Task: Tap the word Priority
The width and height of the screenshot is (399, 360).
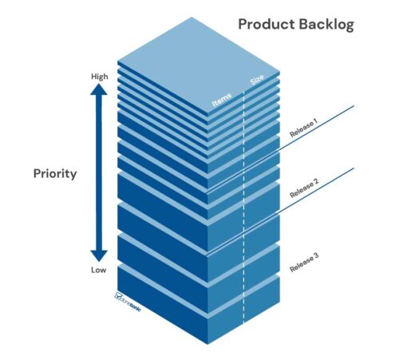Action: coord(55,172)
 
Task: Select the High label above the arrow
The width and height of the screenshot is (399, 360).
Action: coord(99,77)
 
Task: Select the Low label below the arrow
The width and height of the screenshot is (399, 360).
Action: coord(98,270)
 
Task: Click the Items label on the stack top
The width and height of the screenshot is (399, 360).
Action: coord(222,99)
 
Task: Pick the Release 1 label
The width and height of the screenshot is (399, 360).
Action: coord(303,129)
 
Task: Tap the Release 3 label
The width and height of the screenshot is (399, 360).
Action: coord(305,262)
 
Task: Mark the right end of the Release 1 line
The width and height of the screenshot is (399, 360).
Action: coord(354,105)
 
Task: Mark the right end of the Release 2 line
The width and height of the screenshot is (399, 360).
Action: coord(354,168)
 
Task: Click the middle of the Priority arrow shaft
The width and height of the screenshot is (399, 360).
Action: coord(98,172)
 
